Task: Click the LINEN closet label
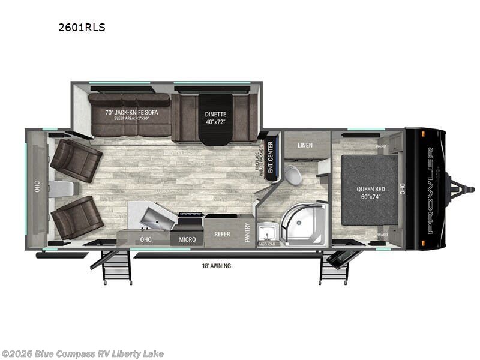pos(305,145)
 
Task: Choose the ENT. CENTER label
pos(271,155)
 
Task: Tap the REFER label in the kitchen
pos(223,235)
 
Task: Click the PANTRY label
pos(247,232)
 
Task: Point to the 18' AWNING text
pos(217,265)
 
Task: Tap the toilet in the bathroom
pos(293,175)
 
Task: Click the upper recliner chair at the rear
pos(76,160)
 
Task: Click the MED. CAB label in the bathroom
pos(266,244)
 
